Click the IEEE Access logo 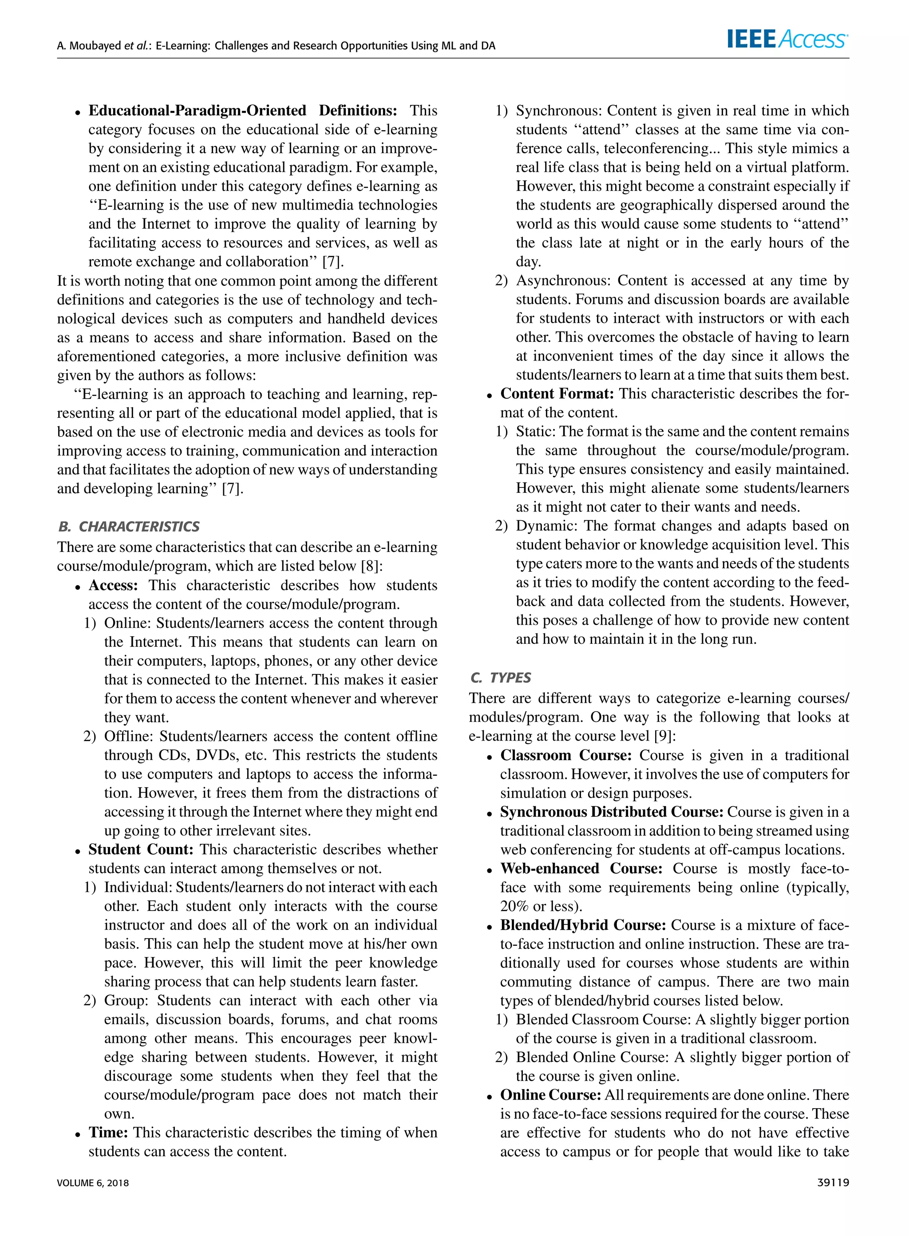(x=787, y=39)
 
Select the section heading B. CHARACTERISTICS (x=128, y=527)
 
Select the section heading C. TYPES (x=501, y=677)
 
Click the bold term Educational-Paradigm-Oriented (x=197, y=111)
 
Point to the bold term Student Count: (x=141, y=849)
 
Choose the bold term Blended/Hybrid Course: (x=583, y=925)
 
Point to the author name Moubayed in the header (x=94, y=46)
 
